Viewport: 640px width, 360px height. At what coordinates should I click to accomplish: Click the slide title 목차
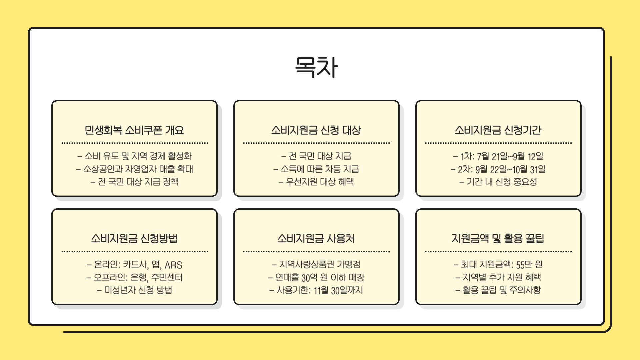click(x=316, y=67)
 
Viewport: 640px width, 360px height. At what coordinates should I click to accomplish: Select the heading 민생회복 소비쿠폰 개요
click(x=134, y=130)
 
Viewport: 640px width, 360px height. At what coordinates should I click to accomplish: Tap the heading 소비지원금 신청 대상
click(x=316, y=130)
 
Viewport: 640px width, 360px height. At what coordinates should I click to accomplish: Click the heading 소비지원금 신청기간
click(x=498, y=130)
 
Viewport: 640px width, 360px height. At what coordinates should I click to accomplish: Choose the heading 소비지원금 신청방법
click(x=134, y=238)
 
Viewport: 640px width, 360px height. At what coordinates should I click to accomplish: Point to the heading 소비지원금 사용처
click(x=316, y=238)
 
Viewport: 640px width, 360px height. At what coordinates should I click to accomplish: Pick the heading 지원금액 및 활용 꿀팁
click(x=498, y=238)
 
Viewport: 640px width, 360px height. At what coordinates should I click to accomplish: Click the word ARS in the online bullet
click(x=173, y=265)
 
